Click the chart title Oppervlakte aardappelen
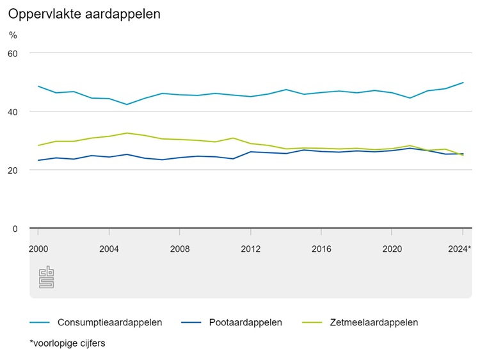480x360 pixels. [x=84, y=13]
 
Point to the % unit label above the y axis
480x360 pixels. [x=13, y=35]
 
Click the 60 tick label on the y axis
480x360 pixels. [x=13, y=53]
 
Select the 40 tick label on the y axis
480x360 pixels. [x=13, y=111]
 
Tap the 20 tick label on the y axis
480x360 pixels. [x=13, y=170]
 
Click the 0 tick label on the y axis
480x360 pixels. [x=16, y=229]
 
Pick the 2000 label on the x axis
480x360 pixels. [x=38, y=249]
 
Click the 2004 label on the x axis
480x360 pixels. [x=109, y=249]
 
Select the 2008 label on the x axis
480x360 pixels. [x=180, y=249]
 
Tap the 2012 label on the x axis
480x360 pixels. [x=251, y=249]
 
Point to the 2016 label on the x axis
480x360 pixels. [x=321, y=249]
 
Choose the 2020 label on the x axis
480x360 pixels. [x=392, y=249]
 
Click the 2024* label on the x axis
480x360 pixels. [x=460, y=249]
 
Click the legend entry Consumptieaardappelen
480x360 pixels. [x=109, y=322]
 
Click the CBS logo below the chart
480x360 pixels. [x=46, y=277]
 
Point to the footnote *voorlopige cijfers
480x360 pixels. [x=67, y=343]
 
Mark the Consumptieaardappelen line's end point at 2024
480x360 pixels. [x=463, y=83]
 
